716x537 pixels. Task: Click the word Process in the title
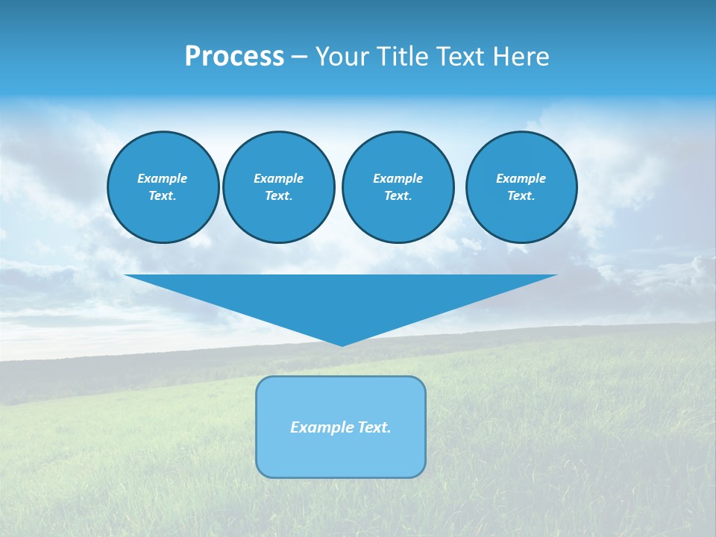click(x=234, y=57)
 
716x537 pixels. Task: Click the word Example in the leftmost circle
click(x=162, y=178)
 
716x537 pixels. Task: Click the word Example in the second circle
click(x=278, y=178)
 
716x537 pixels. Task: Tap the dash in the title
click(x=299, y=57)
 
